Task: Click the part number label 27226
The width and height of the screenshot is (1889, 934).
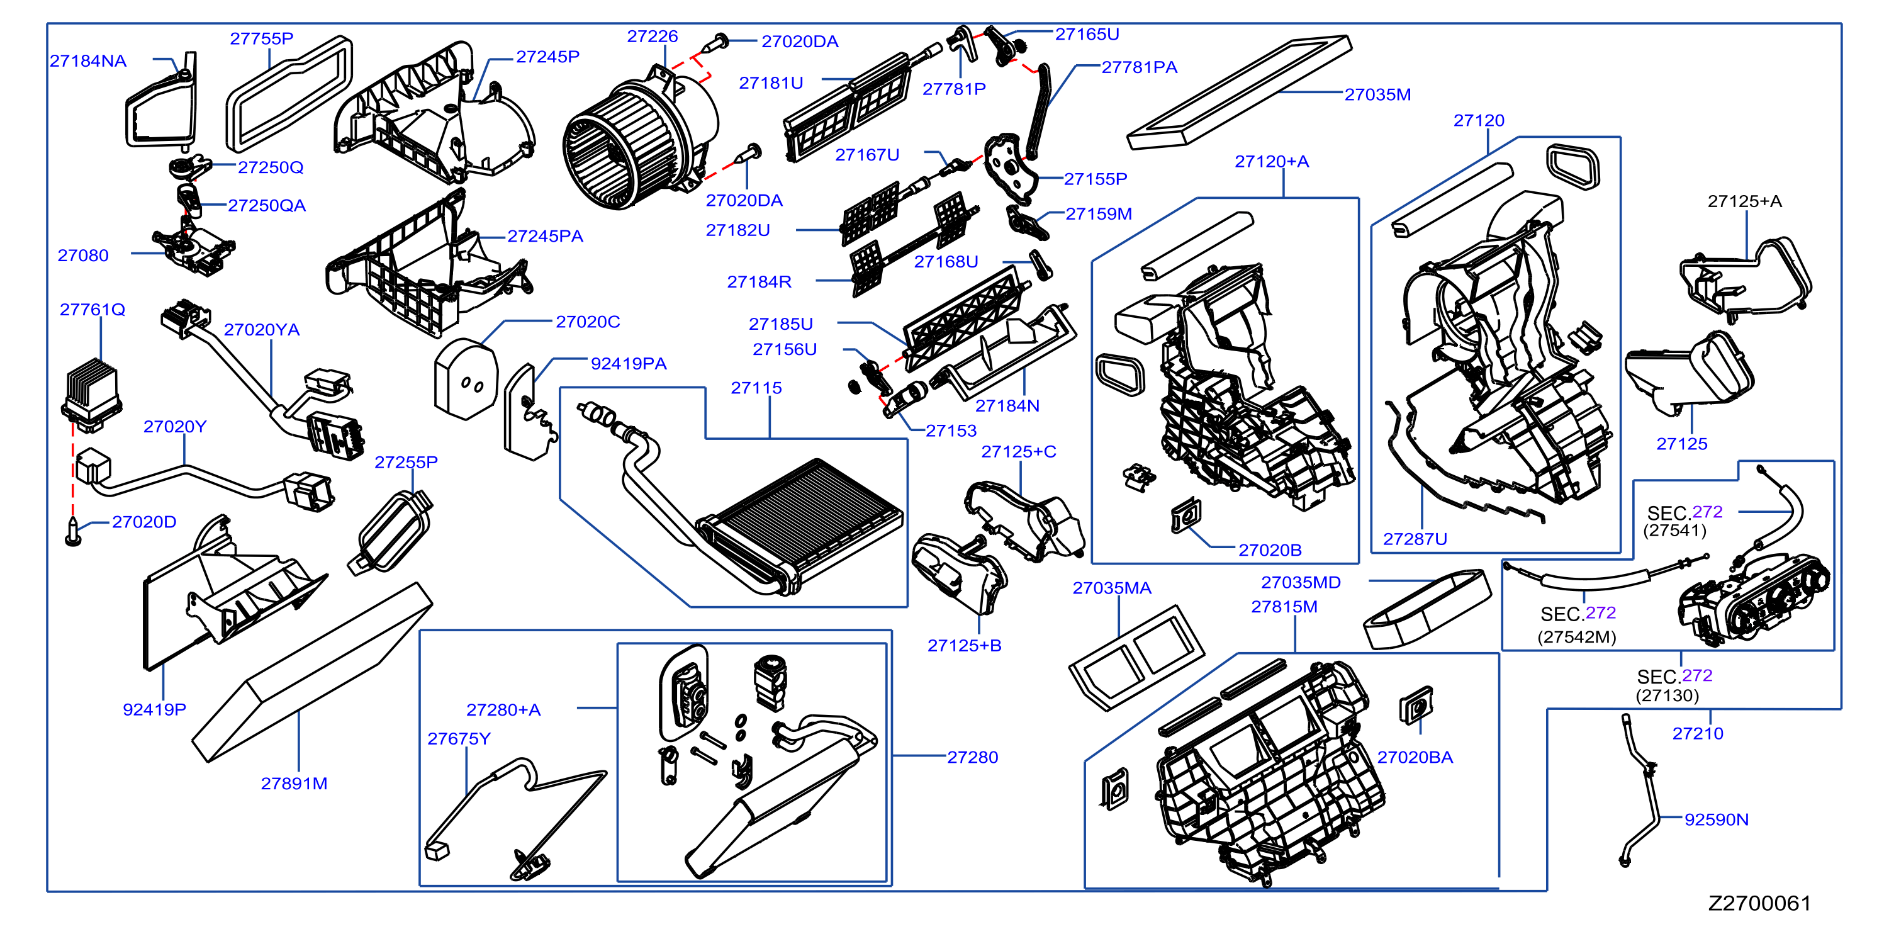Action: [x=652, y=37]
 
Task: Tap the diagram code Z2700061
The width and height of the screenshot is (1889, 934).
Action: [x=1759, y=903]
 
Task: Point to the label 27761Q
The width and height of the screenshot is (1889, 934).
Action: [x=92, y=310]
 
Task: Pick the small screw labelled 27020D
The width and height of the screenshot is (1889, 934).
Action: [x=72, y=531]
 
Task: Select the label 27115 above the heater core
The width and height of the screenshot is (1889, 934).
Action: [x=756, y=388]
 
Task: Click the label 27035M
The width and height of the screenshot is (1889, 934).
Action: [x=1377, y=94]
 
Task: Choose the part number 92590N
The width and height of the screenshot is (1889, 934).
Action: [x=1716, y=819]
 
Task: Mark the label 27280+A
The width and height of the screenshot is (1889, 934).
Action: [x=503, y=710]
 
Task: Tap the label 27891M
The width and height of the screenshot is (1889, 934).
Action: [x=294, y=784]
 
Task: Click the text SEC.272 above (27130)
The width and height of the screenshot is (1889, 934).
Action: [x=1674, y=676]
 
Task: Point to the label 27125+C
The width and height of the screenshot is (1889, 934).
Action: [x=1019, y=452]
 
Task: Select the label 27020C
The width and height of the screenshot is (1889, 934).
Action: [x=587, y=322]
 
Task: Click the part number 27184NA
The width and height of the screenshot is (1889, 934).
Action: [x=88, y=61]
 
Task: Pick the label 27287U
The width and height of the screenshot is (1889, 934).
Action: [x=1415, y=539]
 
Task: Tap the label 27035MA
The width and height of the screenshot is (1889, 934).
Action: [x=1112, y=588]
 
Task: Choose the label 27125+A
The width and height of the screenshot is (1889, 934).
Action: [x=1744, y=201]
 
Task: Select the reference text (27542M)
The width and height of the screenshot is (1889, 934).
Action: [x=1577, y=637]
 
